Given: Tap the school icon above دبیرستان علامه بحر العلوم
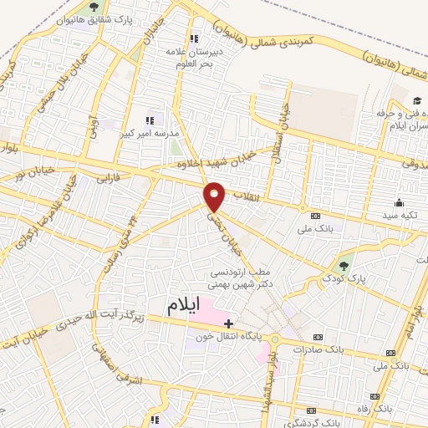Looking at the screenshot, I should coord(194,38).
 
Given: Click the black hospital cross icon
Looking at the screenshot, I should coord(228,322).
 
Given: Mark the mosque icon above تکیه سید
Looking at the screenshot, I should coord(398,201).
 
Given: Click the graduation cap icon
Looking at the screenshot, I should coord(414,100).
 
